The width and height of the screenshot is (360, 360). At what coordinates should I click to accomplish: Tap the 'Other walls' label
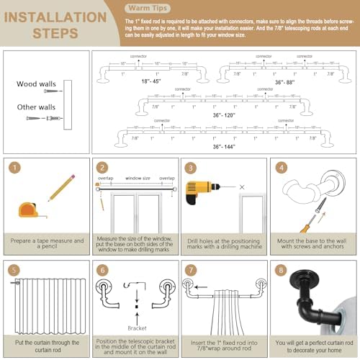tap(36, 107)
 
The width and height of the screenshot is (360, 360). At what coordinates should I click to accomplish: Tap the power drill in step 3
tap(198, 193)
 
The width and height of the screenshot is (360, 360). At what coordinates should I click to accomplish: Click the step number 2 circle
tap(103, 168)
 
